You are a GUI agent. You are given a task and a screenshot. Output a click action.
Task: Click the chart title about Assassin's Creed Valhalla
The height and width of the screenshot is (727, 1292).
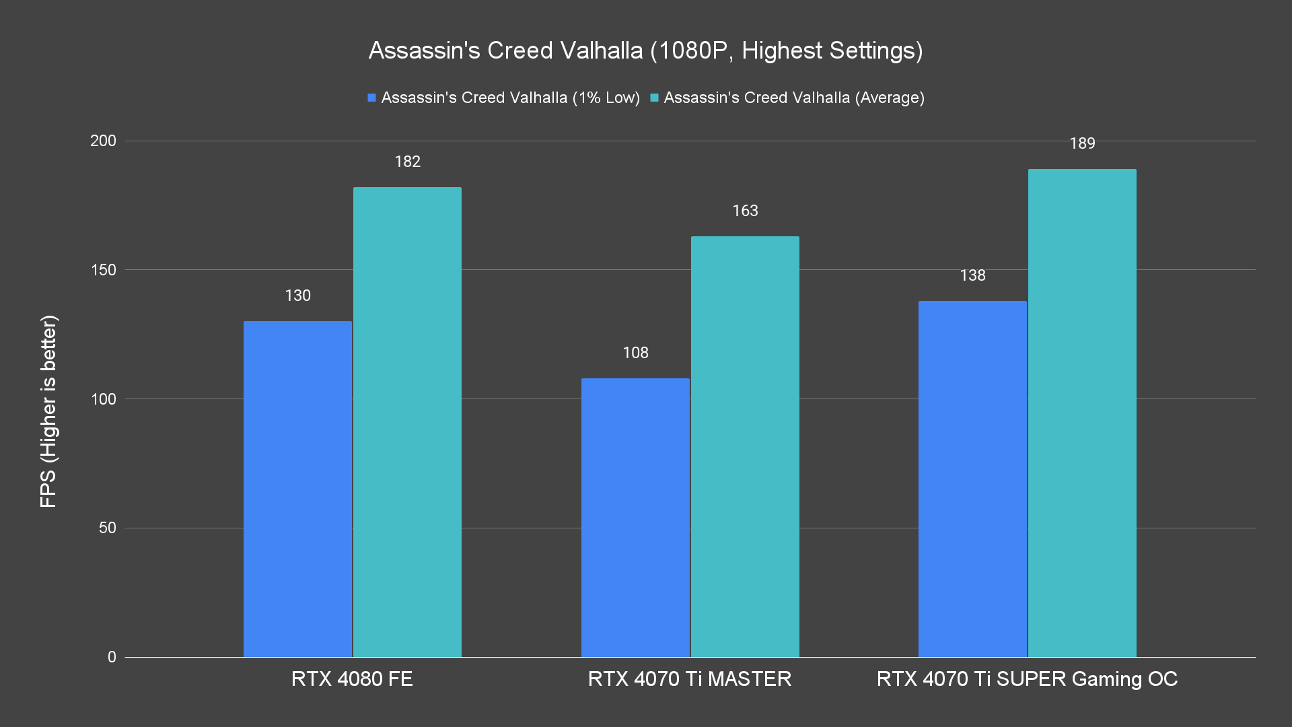coord(645,50)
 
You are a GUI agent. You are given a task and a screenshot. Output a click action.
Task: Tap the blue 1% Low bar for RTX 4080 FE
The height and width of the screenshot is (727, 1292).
coord(297,489)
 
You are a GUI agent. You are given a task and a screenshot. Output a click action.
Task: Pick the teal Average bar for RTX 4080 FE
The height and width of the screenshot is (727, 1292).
coord(407,422)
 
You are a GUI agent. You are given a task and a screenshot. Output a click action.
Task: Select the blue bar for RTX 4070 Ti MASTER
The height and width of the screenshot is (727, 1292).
coord(635,518)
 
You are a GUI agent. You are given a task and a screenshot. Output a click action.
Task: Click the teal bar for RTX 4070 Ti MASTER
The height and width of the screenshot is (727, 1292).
coord(745,446)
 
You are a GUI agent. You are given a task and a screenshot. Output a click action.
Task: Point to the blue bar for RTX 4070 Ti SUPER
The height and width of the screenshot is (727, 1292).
coord(972,479)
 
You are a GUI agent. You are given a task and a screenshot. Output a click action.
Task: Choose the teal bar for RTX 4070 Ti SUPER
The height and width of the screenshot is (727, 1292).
coord(1082,413)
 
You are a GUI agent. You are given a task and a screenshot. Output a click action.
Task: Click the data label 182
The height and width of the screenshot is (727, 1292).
coord(407,162)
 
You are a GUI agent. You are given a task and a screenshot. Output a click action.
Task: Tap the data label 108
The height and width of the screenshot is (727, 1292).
coord(635,353)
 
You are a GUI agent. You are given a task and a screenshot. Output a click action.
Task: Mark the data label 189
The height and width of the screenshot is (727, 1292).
coord(1082,143)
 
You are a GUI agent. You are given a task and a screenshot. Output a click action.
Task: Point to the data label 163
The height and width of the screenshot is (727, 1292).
coord(745,211)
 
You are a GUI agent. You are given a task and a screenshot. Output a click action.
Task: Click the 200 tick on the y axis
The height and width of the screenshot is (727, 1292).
coord(103,141)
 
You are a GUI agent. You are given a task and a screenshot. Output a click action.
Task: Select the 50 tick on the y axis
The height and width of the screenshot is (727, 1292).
coord(108,528)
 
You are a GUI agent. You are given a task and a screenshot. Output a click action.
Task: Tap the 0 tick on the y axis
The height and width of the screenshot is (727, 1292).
coord(112,657)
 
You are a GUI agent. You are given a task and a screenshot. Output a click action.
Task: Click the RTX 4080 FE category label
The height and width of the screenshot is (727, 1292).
coord(352,679)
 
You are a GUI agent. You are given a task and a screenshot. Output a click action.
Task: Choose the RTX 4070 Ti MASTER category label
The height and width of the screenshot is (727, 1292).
coord(690,679)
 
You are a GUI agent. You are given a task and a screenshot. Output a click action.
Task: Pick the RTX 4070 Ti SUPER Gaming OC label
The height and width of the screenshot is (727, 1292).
coord(1027,679)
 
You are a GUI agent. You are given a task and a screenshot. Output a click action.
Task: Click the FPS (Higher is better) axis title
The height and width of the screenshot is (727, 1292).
coord(48,411)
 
